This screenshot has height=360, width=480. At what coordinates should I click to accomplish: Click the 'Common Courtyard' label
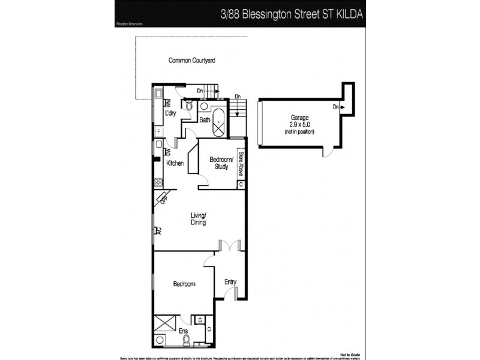(x=191, y=60)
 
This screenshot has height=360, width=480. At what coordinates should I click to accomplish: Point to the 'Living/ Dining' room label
(x=199, y=219)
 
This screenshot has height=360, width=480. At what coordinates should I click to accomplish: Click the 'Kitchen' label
(x=175, y=163)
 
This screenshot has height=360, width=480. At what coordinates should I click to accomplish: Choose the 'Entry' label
(x=230, y=281)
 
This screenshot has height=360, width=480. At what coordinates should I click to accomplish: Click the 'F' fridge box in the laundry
(x=158, y=131)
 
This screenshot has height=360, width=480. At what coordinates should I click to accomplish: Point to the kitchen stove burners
(x=158, y=184)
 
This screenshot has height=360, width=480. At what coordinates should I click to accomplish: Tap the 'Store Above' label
(x=240, y=163)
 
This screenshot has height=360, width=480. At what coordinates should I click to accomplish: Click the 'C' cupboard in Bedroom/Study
(x=240, y=184)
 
